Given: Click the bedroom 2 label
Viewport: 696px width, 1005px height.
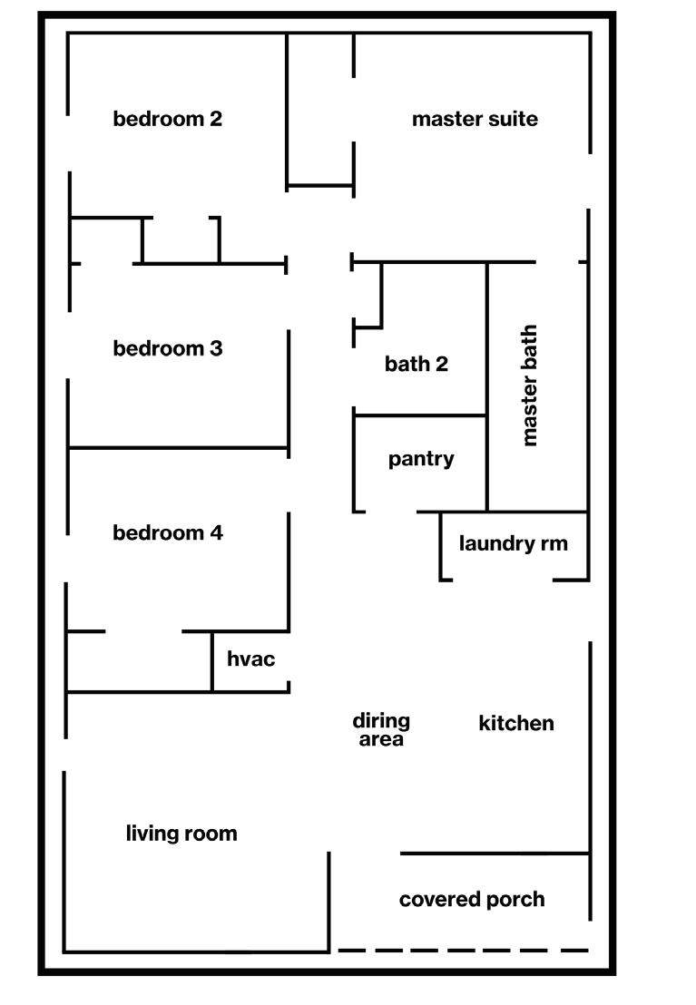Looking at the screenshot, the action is [x=168, y=119].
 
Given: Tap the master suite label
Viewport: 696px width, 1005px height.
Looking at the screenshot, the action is [x=475, y=119].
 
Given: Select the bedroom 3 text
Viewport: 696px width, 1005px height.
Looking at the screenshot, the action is [x=168, y=348].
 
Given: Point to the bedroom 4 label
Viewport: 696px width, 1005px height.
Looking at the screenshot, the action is [x=168, y=532].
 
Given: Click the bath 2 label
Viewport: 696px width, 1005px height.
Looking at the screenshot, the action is [x=417, y=364].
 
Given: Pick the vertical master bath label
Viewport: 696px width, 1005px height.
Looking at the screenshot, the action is [x=529, y=385].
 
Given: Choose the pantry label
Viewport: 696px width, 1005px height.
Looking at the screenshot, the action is [x=421, y=459].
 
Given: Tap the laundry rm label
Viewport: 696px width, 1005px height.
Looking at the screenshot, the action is [x=514, y=543].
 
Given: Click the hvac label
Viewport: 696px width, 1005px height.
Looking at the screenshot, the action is [x=250, y=659].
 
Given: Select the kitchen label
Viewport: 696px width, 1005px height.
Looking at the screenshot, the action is [x=516, y=723].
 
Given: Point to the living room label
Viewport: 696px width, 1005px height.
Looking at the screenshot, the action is [x=181, y=834].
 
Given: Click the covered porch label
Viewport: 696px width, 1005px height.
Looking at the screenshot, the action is [x=472, y=899].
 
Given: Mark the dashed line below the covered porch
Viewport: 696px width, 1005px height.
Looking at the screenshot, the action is [x=463, y=950].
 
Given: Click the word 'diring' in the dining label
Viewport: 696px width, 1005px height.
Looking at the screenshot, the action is [x=381, y=721].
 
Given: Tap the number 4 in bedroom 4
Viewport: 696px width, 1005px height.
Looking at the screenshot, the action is [x=216, y=532].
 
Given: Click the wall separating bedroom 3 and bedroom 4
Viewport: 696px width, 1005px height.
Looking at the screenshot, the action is [x=179, y=447].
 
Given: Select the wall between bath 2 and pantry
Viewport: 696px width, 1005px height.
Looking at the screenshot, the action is [x=419, y=416].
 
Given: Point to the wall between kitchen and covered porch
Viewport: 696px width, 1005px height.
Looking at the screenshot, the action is [x=495, y=854].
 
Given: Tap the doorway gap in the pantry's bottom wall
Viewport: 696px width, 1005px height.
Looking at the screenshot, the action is [x=391, y=512].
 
